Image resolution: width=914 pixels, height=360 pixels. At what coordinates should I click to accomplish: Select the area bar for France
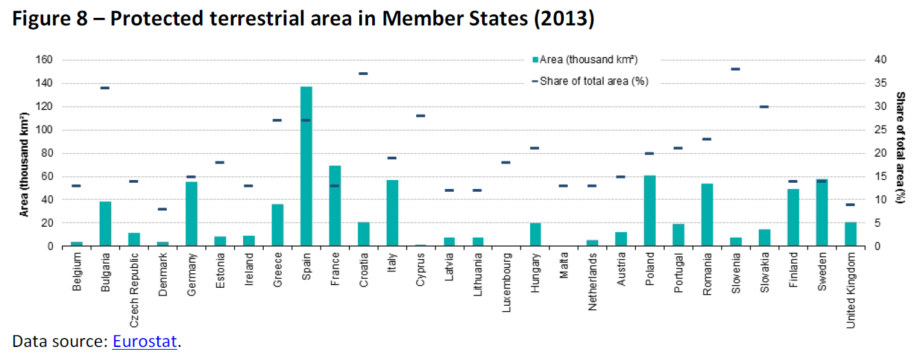tap(335, 206)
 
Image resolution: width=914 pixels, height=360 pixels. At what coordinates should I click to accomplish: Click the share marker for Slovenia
tap(735, 69)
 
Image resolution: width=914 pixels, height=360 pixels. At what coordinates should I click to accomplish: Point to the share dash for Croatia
tap(364, 74)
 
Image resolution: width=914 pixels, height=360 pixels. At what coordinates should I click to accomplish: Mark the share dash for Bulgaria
tap(105, 88)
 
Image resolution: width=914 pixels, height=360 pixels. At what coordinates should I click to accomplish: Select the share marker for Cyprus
tap(421, 116)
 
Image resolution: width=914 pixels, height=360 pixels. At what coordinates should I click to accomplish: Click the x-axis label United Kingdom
tap(851, 291)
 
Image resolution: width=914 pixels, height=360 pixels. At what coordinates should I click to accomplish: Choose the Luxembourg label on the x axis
tap(507, 284)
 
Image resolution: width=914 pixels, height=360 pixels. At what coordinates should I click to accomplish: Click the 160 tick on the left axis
tap(44, 60)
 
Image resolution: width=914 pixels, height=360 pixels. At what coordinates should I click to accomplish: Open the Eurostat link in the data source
tap(145, 342)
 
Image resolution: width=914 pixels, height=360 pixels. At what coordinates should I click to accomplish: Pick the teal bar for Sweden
tap(821, 212)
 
